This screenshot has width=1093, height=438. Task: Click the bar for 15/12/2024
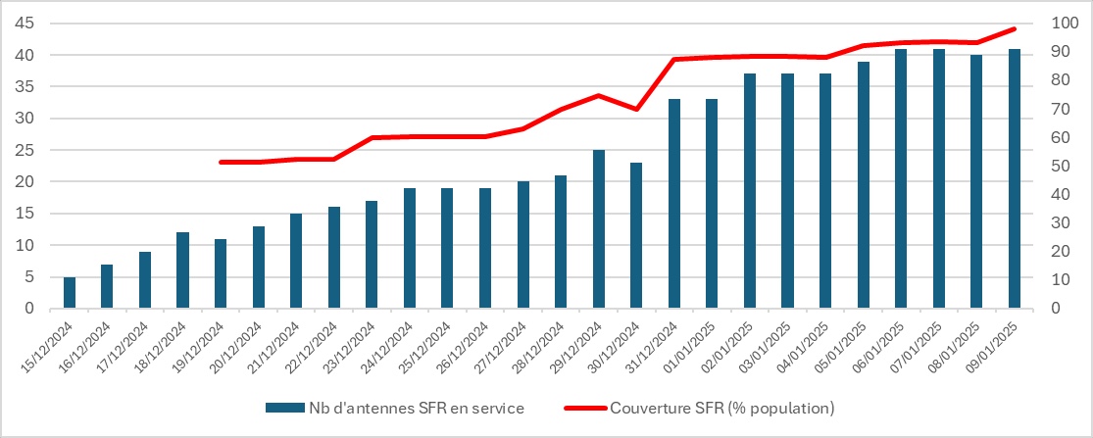[x=70, y=292]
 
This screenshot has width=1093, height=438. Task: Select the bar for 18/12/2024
[x=182, y=270]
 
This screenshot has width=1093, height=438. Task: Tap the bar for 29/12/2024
[x=598, y=229]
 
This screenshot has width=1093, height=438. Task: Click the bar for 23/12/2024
[x=372, y=255]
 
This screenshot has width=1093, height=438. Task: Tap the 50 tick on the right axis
[x=1058, y=167]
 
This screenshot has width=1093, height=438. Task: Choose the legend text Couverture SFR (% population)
[x=720, y=407]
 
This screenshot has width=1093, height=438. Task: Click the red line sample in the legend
[x=584, y=407]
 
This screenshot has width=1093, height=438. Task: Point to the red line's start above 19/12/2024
[x=221, y=162]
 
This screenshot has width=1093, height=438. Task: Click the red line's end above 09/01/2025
[x=1015, y=28]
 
